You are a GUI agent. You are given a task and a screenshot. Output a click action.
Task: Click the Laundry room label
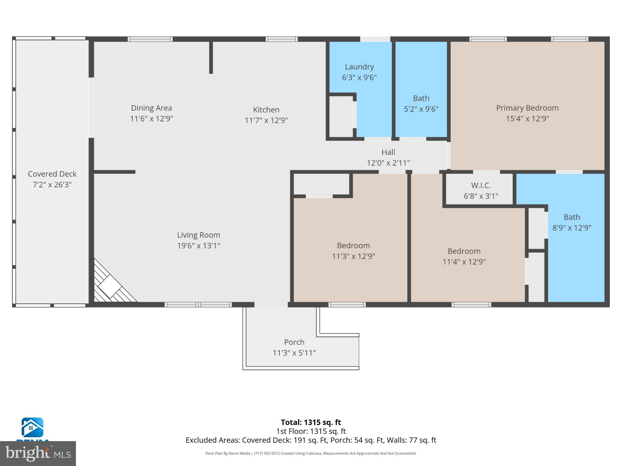359,67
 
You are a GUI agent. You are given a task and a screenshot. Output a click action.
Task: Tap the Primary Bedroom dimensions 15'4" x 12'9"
527,119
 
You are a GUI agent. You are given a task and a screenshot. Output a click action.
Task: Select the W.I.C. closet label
481,185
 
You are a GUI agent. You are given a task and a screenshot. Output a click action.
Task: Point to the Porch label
294,342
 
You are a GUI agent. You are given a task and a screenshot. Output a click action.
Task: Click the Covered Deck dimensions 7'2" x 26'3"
52,184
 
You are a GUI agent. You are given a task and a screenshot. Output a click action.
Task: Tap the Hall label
388,152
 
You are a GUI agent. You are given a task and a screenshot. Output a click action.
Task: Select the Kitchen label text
266,110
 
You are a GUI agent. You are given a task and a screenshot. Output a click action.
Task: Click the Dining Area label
151,108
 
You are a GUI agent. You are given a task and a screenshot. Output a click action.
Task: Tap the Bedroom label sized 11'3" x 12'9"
353,245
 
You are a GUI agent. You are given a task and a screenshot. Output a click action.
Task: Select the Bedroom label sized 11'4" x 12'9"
464,251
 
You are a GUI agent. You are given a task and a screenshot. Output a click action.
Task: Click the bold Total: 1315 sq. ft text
311,422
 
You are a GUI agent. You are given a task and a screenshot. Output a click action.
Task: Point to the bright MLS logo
38,454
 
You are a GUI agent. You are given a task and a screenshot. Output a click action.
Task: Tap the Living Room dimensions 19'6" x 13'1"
199,245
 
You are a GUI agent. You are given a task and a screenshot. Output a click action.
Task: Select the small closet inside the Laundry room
341,117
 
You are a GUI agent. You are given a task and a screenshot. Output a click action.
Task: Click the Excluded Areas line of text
311,440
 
